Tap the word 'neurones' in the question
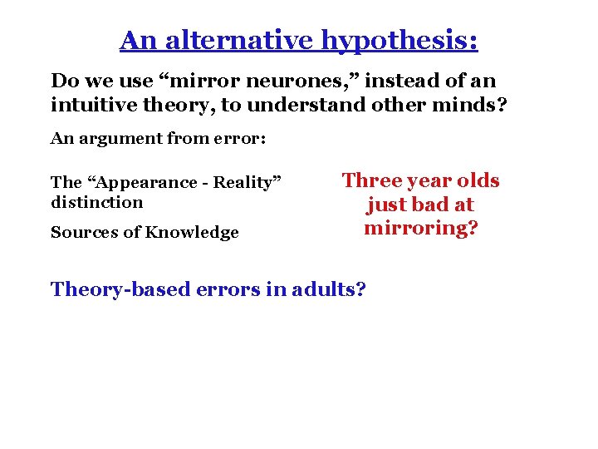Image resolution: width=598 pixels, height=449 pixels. pyautogui.click(x=274, y=81)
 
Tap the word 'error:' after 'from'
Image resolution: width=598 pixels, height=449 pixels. pyautogui.click(x=240, y=139)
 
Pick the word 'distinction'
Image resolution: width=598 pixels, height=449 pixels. pyautogui.click(x=96, y=202)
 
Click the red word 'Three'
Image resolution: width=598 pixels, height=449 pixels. pyautogui.click(x=370, y=180)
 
